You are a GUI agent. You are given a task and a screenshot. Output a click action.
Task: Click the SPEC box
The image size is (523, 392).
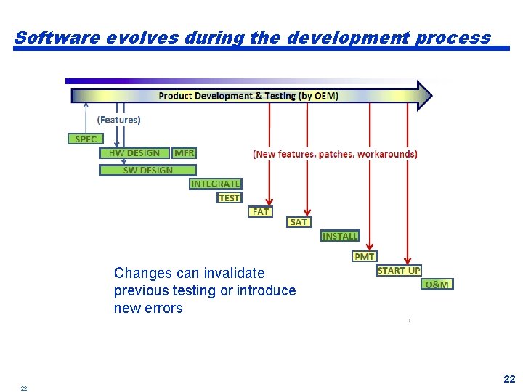pyautogui.click(x=86, y=139)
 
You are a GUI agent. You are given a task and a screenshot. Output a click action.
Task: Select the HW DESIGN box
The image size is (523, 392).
pyautogui.click(x=134, y=153)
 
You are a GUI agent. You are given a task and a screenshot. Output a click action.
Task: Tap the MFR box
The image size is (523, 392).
pyautogui.click(x=185, y=153)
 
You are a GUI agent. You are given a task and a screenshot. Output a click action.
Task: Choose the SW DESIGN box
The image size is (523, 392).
pyautogui.click(x=147, y=170)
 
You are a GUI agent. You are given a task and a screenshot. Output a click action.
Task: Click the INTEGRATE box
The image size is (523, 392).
pyautogui.click(x=215, y=184)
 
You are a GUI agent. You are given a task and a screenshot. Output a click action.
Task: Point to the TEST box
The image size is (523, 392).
pyautogui.click(x=229, y=197)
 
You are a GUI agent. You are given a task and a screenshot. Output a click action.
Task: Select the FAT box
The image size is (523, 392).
pyautogui.click(x=260, y=212)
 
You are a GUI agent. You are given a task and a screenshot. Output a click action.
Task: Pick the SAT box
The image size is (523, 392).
pyautogui.click(x=299, y=222)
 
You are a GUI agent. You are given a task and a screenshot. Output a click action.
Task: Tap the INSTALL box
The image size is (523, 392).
pyautogui.click(x=340, y=236)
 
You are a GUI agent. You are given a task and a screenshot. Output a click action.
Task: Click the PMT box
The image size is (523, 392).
pyautogui.click(x=364, y=256)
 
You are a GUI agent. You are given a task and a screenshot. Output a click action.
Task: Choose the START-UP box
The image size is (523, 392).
pyautogui.click(x=399, y=271)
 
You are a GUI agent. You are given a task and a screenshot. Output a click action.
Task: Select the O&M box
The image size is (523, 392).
pyautogui.click(x=437, y=285)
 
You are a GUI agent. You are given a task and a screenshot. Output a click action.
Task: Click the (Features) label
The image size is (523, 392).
pyautogui.click(x=118, y=120)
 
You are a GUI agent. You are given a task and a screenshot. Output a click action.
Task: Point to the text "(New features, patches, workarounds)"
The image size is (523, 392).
pyautogui.click(x=335, y=154)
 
